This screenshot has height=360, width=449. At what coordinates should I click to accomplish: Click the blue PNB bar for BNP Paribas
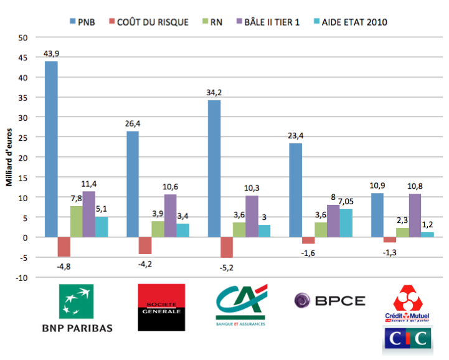click(51, 149)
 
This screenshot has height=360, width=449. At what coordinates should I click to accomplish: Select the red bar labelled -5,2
click(226, 247)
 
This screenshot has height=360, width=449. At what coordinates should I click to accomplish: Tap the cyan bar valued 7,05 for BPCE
click(346, 223)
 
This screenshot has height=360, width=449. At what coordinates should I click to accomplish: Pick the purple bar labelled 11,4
click(89, 214)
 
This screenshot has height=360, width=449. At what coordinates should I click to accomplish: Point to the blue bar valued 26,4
click(133, 184)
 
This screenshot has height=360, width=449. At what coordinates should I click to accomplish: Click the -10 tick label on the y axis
click(22, 278)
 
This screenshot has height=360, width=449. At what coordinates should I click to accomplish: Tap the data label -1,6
click(309, 252)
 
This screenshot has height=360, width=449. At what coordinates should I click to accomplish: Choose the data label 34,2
click(214, 92)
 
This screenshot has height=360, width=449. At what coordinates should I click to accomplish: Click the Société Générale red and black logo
click(161, 307)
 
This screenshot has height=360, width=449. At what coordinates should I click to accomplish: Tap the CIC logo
click(405, 340)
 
